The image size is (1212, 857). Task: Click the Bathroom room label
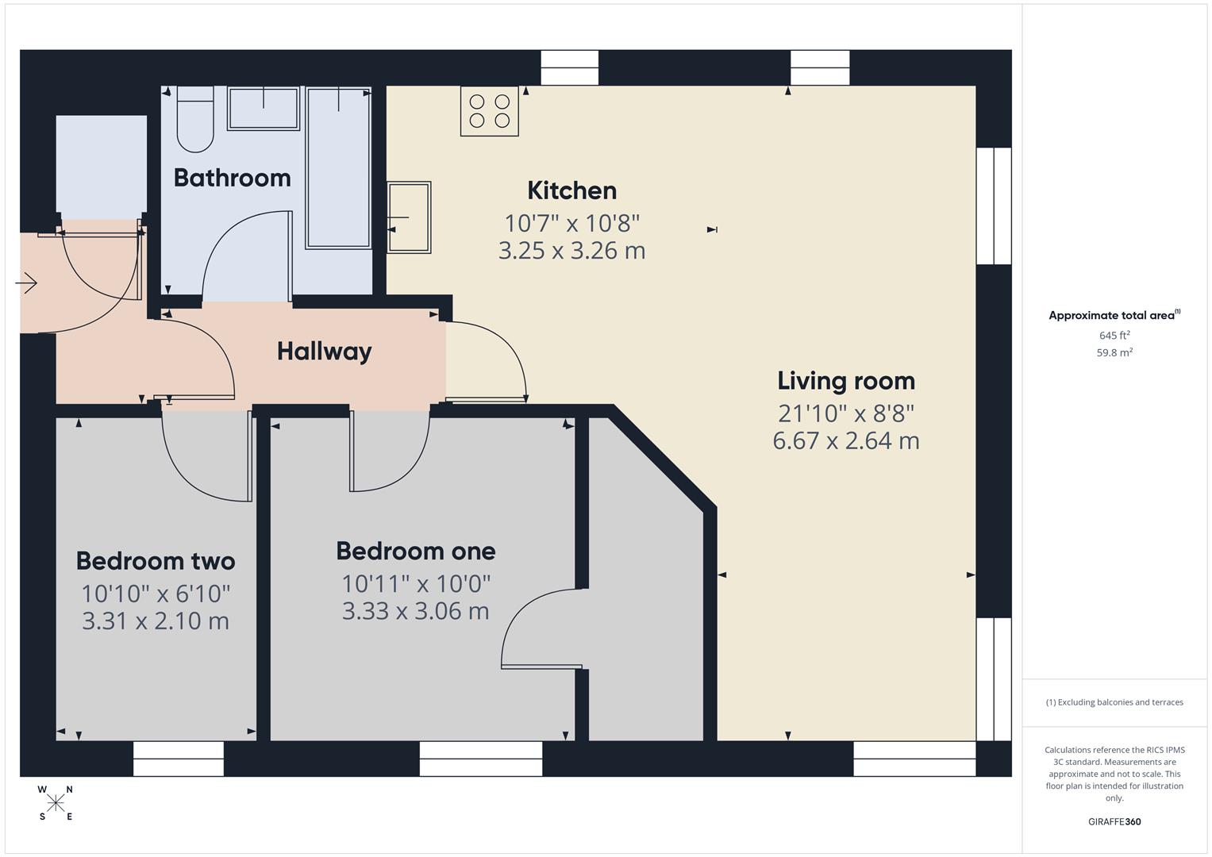tap(232, 178)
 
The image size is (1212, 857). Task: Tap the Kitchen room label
tap(571, 190)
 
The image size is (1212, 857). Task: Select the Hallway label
tap(324, 352)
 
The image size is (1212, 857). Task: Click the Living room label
tap(845, 381)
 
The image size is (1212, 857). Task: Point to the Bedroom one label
tap(415, 551)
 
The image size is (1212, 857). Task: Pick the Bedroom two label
tap(156, 561)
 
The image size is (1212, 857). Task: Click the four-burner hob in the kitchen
tap(489, 111)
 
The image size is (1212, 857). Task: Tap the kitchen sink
tap(409, 217)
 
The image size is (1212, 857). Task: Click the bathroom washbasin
tap(264, 109)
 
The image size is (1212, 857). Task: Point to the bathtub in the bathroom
tap(339, 168)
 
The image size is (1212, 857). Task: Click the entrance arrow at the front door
tap(26, 282)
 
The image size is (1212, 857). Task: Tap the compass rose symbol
tap(56, 803)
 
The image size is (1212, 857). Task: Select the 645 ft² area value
tap(1114, 336)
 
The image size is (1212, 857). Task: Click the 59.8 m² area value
tap(1114, 353)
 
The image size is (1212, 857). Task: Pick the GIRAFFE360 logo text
tap(1114, 821)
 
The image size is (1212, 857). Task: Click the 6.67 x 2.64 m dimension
tap(845, 440)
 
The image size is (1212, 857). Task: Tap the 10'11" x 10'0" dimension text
tap(415, 584)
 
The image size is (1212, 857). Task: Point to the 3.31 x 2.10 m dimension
tap(156, 621)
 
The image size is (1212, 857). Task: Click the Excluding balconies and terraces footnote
tap(1114, 702)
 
